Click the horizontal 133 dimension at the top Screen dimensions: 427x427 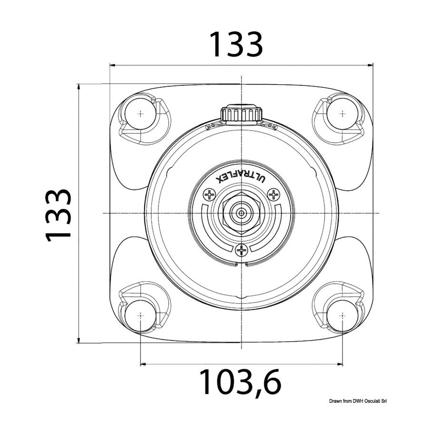click(x=236, y=45)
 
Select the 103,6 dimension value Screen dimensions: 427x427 click(x=240, y=382)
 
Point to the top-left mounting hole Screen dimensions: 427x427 click(x=140, y=113)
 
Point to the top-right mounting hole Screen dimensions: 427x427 click(x=342, y=113)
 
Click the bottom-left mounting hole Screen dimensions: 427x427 click(x=140, y=316)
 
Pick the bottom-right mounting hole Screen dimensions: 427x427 click(x=342, y=316)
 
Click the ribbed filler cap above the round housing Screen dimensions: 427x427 click(x=241, y=113)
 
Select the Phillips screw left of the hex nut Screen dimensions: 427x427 click(x=209, y=195)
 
